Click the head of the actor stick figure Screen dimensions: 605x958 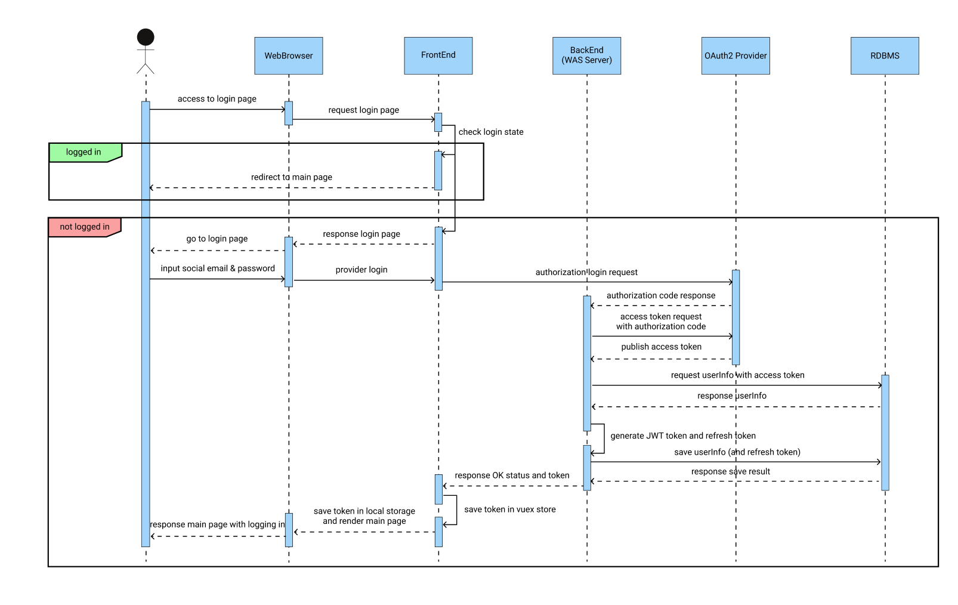[146, 37]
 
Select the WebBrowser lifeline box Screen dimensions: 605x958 [289, 55]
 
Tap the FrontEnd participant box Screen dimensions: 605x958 [438, 55]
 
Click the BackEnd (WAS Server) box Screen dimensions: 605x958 [587, 55]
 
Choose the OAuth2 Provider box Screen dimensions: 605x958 [736, 55]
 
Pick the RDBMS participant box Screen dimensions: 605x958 [885, 55]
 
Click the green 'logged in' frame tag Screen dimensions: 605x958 [84, 152]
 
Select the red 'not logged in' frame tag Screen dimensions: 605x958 [84, 227]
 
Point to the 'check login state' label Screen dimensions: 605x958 [491, 132]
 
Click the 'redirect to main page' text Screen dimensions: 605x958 [292, 177]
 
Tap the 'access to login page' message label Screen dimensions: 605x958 [217, 99]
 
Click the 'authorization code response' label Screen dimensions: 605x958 [661, 295]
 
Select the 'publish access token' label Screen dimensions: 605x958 [661, 347]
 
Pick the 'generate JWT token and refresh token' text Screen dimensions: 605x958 [683, 436]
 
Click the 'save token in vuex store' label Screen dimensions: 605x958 [510, 510]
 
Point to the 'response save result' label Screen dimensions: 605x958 [731, 471]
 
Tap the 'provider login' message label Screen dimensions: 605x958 [361, 270]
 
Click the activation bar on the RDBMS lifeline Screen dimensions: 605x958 [885, 433]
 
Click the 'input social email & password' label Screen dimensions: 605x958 [218, 268]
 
